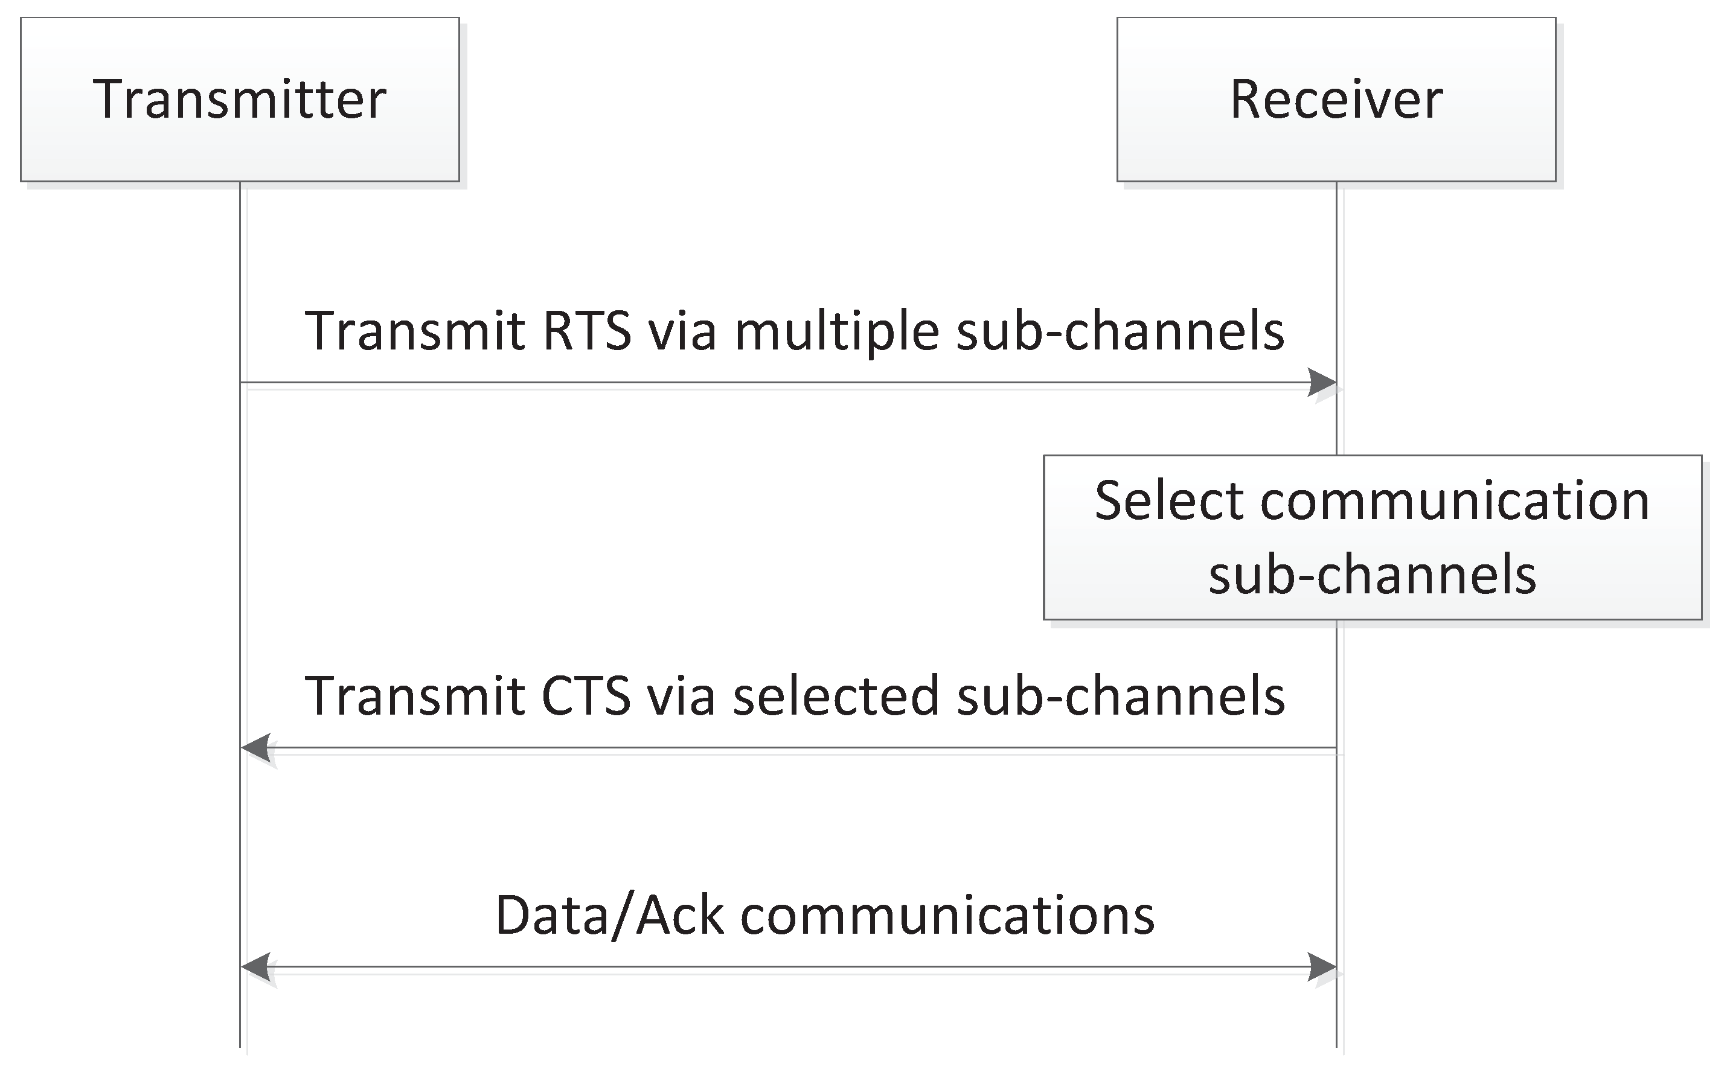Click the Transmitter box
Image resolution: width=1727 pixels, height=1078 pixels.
[x=240, y=99]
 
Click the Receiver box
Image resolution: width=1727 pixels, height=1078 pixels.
[x=1336, y=99]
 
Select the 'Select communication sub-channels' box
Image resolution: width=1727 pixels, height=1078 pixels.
[x=1373, y=537]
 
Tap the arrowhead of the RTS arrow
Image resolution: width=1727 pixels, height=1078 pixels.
[x=1322, y=383]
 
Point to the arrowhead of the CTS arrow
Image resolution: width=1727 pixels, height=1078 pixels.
[x=255, y=748]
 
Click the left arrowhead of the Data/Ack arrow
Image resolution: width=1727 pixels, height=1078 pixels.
[x=255, y=968]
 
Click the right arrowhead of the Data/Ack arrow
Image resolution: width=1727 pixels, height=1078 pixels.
[x=1322, y=968]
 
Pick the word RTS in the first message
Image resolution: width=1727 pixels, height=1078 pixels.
[x=587, y=331]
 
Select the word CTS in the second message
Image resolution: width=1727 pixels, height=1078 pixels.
[x=586, y=696]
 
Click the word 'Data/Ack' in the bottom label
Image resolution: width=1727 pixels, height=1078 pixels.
[x=610, y=916]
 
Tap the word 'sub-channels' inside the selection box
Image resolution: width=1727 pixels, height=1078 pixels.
[x=1373, y=574]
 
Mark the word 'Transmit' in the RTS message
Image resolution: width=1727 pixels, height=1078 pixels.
[x=415, y=331]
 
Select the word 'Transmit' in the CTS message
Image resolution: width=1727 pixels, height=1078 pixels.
[x=415, y=696]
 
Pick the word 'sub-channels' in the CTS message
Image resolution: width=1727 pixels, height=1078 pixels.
[x=1121, y=695]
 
